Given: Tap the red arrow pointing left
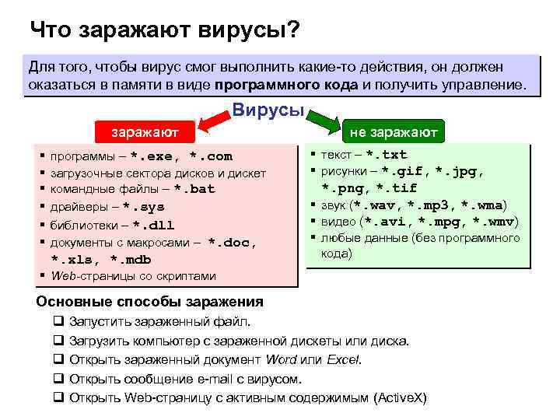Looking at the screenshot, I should (211, 121).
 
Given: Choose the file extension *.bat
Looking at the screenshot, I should (194, 189).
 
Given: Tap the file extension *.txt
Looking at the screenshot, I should (387, 154).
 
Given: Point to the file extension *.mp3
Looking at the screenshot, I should (431, 205).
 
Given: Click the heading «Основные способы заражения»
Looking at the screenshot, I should (150, 302).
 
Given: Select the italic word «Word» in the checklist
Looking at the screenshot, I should (281, 359).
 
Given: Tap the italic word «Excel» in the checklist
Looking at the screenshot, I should (344, 359).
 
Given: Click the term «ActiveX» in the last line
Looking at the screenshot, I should (400, 397).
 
